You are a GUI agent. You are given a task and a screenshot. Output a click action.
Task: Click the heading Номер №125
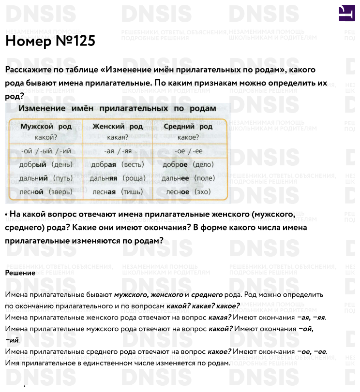[50, 42]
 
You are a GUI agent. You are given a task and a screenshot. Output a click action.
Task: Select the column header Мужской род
[46, 127]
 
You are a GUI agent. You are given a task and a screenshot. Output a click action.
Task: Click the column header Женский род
[118, 127]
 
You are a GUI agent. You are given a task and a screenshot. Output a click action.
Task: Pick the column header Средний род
[188, 127]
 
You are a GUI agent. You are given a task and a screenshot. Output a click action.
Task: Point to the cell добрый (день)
[46, 165]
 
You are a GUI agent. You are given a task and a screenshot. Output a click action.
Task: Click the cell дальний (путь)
[46, 178]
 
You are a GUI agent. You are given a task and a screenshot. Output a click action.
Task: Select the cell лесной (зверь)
[46, 192]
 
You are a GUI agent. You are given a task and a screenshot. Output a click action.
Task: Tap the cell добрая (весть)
[118, 165]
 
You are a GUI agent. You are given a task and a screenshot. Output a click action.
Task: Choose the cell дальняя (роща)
[118, 178]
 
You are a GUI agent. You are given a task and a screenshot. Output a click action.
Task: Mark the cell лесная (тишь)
[118, 192]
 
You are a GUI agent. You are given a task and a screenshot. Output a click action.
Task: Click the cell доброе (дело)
[189, 165]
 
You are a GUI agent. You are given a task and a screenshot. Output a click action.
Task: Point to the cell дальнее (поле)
[189, 178]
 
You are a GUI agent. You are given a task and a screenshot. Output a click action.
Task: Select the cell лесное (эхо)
[189, 192]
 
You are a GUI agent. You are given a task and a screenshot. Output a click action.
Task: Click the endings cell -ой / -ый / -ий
[46, 151]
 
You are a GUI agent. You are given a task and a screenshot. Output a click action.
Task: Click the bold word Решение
[20, 273]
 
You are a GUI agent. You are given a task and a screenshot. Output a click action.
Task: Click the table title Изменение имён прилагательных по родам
[117, 108]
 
